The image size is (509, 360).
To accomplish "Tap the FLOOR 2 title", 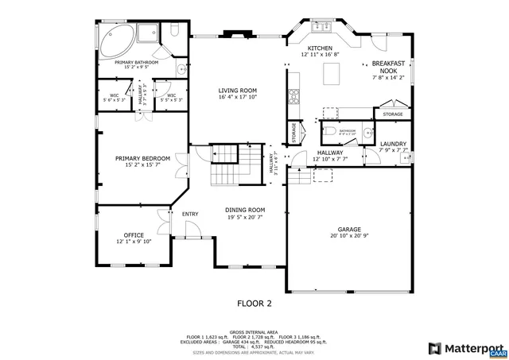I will click(x=254, y=303).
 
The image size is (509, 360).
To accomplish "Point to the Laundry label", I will click(x=393, y=144).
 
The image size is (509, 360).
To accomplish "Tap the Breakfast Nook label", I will click(x=387, y=67).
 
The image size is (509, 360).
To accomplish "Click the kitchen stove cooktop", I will click(x=293, y=97).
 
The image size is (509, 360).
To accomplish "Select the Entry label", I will click(x=190, y=214).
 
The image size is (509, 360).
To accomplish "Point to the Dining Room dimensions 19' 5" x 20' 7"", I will click(x=244, y=216).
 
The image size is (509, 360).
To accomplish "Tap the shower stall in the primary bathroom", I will click(x=148, y=33).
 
